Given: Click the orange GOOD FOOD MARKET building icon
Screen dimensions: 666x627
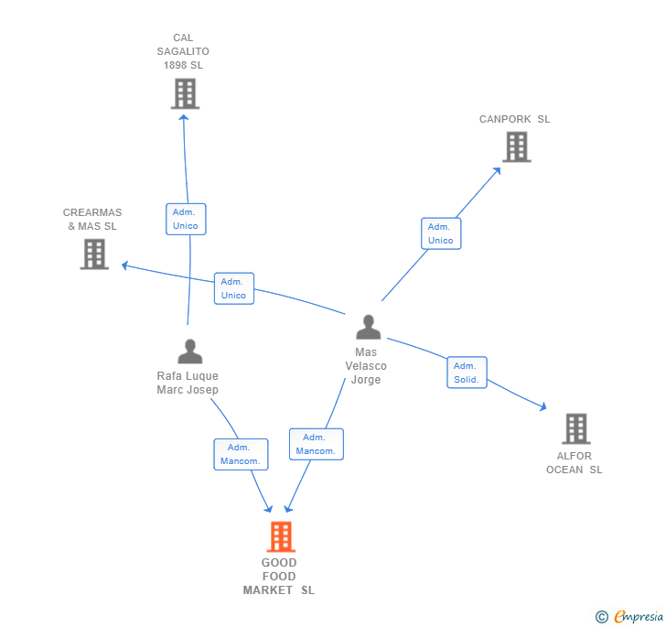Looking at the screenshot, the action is click(281, 536).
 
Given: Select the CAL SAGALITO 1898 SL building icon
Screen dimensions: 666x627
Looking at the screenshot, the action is click(185, 93).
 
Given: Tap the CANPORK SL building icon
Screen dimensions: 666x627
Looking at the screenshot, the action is click(517, 146).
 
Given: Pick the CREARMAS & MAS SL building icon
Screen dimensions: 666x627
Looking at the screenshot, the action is click(94, 254).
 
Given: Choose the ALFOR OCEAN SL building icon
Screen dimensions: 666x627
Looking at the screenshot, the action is click(576, 428).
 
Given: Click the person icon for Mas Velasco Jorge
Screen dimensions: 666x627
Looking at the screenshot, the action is click(369, 327).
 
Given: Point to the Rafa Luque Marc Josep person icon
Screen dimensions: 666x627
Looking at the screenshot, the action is click(190, 351).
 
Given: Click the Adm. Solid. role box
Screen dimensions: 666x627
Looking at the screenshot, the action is click(467, 373).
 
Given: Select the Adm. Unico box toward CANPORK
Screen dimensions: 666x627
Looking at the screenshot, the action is click(441, 233).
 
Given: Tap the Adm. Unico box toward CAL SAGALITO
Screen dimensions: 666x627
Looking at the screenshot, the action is click(186, 219).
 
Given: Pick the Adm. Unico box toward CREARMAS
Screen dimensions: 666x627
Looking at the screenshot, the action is click(234, 288).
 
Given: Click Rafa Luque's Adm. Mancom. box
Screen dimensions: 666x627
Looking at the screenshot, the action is click(241, 454).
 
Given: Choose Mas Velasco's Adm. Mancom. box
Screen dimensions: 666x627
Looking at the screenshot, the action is click(317, 444).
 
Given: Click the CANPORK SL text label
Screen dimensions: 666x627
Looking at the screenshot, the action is click(515, 119).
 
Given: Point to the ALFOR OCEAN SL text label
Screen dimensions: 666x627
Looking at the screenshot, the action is click(575, 462).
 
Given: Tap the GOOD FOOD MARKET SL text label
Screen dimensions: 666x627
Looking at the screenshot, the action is click(279, 576).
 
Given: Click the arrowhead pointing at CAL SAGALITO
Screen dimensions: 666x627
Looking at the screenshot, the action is click(184, 117).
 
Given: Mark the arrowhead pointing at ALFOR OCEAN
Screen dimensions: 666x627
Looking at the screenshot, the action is click(543, 407).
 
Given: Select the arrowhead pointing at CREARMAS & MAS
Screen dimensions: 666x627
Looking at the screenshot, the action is click(124, 265).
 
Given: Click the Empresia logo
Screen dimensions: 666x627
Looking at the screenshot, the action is click(629, 616).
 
